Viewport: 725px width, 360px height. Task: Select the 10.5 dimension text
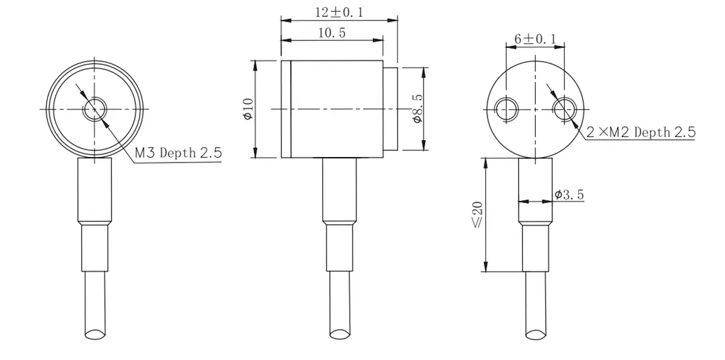[332, 33]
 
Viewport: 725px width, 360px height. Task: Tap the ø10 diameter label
[247, 109]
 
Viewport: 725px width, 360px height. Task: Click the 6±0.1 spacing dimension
[535, 39]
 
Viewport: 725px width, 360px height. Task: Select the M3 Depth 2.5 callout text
[178, 153]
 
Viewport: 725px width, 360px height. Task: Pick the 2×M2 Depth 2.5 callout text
[641, 132]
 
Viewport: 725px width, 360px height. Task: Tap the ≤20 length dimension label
[477, 215]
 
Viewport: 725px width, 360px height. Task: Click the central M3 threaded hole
[94, 109]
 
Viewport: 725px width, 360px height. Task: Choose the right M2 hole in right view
[564, 109]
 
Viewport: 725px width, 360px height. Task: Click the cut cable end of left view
[95, 333]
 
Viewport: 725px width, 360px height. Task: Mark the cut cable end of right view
[536, 333]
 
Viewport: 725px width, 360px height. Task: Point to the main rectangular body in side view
[335, 109]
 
